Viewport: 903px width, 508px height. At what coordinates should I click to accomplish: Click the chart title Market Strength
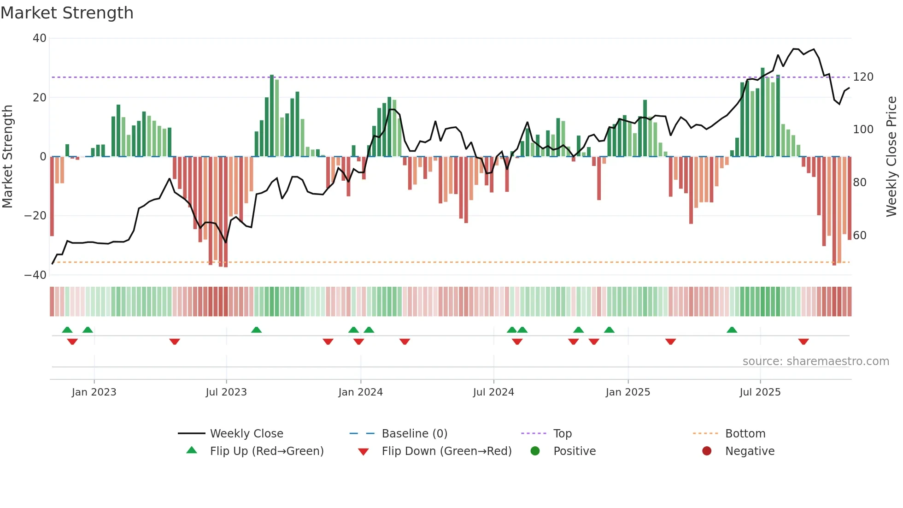point(67,13)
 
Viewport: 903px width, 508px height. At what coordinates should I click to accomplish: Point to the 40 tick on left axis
point(40,38)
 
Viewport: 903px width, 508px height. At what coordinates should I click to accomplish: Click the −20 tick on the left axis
point(35,216)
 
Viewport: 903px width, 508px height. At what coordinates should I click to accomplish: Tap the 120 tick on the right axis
point(863,77)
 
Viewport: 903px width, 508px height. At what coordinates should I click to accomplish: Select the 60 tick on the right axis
point(860,236)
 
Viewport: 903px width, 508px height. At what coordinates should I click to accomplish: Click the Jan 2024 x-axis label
point(360,392)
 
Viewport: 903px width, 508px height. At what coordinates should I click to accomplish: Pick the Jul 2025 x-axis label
point(760,392)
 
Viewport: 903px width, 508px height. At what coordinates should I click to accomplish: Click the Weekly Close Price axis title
point(891,157)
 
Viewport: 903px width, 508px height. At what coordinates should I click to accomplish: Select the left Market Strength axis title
point(7,157)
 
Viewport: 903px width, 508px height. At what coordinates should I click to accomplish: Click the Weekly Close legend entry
point(246,434)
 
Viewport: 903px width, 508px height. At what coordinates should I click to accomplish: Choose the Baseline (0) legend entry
point(414,434)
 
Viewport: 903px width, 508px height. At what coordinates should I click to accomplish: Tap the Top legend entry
point(562,434)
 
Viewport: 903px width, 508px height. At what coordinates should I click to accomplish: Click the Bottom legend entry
point(745,434)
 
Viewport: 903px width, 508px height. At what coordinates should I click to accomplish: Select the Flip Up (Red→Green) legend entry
point(266,451)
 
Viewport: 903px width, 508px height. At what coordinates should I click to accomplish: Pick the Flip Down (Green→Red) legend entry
point(446,451)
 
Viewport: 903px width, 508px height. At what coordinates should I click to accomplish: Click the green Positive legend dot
point(535,451)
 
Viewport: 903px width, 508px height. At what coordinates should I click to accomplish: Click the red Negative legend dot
point(707,451)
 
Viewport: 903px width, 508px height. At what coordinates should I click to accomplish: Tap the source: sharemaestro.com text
point(815,361)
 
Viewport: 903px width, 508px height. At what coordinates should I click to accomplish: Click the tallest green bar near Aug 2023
point(272,115)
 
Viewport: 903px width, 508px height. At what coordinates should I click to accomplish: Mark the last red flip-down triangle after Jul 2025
point(803,342)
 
